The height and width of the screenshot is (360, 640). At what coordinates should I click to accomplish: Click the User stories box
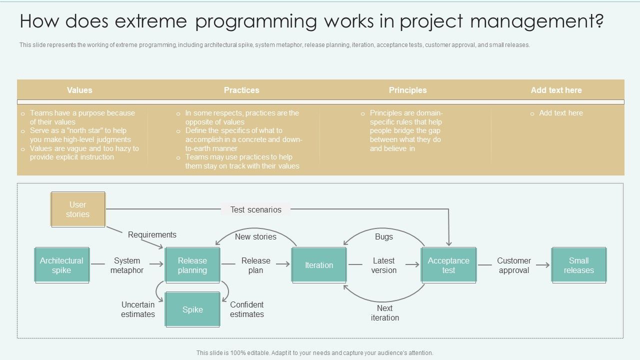78,209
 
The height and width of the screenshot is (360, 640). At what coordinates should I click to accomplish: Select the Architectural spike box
62,265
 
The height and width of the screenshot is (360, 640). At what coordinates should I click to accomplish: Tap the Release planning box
192,265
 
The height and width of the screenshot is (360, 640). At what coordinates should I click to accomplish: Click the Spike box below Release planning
192,310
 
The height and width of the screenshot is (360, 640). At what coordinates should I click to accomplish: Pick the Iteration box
319,265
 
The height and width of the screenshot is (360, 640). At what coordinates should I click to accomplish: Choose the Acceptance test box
448,265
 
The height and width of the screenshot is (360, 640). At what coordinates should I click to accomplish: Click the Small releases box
578,265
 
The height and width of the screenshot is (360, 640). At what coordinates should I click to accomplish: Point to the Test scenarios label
255,209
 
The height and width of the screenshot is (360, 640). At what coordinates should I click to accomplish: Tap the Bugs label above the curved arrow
384,236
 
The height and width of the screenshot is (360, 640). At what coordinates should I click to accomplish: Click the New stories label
255,236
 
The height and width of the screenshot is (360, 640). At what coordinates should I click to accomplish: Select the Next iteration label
384,313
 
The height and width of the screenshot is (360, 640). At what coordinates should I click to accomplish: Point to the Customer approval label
513,265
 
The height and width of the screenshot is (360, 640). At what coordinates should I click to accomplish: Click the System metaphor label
127,265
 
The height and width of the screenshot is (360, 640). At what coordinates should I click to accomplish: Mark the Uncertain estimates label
137,309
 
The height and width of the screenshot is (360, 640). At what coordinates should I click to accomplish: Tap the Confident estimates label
247,309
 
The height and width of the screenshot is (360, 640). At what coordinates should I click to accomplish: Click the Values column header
79,90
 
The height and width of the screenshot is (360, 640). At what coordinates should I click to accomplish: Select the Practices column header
241,90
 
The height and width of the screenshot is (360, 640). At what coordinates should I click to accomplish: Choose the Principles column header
407,90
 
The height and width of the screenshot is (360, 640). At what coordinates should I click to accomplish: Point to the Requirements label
152,234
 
